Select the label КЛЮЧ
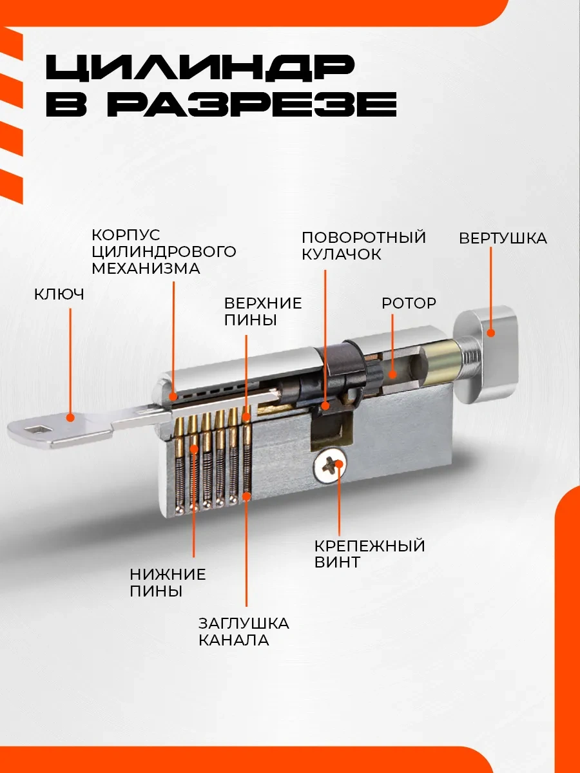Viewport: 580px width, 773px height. pos(59,294)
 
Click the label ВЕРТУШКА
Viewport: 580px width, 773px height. pos(503,238)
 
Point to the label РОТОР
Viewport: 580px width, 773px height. pos(409,303)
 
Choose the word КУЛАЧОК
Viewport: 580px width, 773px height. pos(342,254)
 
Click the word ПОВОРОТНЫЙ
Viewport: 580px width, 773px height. pos(363,237)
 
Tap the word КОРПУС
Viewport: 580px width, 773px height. pos(126,234)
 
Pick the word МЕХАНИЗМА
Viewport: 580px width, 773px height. pos(146,268)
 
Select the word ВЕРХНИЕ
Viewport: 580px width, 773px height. pos(263,303)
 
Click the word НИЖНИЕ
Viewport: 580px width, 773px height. pos(168,575)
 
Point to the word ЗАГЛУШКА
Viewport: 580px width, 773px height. pos(244,624)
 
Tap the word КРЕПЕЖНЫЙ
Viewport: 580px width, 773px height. pos(370,546)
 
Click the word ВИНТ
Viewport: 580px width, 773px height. pos(337,562)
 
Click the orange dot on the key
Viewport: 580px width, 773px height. pos(70,418)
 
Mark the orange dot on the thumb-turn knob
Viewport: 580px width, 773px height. pos(490,333)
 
